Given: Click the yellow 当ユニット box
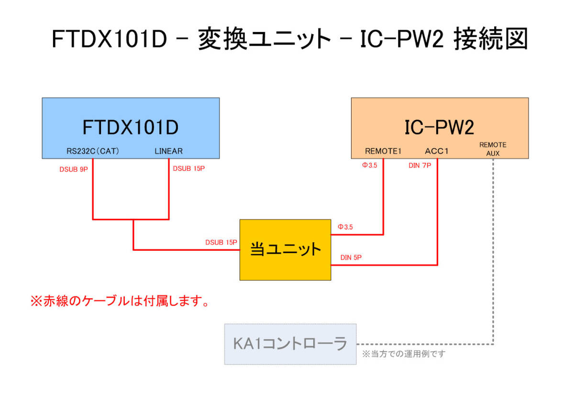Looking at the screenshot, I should (285, 250).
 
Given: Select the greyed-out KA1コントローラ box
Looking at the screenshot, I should (290, 344).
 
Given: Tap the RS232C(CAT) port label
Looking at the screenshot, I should (93, 151).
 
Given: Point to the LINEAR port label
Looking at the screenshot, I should (168, 151).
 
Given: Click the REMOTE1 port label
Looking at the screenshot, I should (383, 151).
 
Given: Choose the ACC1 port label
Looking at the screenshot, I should (437, 151).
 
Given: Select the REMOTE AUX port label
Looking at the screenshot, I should (493, 148).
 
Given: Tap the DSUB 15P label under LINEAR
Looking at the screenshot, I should (188, 169).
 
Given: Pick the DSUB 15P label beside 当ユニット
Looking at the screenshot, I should (221, 243).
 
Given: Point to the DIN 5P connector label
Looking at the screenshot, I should (351, 257).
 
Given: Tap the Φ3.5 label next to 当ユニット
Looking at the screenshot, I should (345, 227).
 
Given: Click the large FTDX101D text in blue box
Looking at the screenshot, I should (131, 128).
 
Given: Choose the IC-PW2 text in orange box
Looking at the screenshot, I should (440, 128).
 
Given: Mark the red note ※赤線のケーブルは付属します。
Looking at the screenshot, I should (120, 301).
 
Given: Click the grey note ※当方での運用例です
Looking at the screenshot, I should (404, 354).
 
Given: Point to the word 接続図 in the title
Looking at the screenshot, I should (490, 39).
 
